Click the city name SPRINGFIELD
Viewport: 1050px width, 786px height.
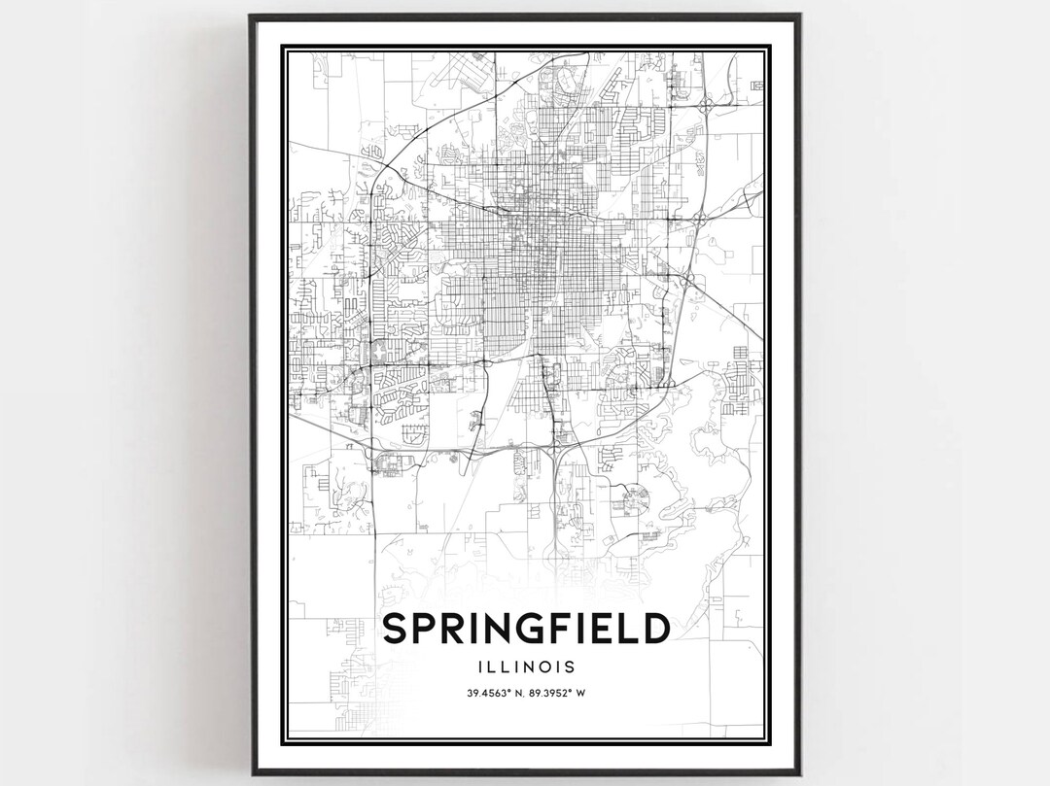tap(525, 629)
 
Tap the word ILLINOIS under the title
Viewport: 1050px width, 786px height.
tap(525, 667)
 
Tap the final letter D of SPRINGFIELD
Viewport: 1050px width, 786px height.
tap(655, 629)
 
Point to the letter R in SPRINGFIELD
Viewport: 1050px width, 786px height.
tap(454, 629)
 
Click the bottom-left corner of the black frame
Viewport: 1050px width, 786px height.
tap(251, 773)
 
